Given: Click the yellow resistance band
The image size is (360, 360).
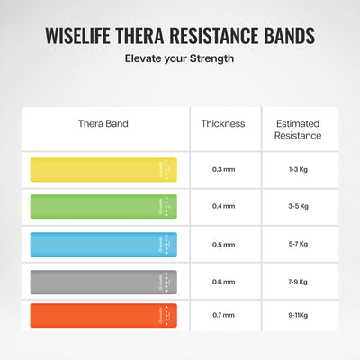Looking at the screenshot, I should [104, 169].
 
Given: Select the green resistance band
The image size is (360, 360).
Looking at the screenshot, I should [104, 206].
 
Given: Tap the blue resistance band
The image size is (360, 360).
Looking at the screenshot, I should [104, 243].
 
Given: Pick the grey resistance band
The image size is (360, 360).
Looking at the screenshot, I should [104, 280].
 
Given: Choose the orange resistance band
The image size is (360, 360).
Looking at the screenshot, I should [104, 315].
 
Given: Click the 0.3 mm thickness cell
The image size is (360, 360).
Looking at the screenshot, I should [224, 170].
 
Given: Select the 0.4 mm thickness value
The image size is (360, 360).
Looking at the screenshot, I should [224, 206].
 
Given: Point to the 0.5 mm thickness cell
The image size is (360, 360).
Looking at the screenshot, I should [224, 243].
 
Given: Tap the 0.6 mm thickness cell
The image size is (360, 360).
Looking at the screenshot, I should [224, 280].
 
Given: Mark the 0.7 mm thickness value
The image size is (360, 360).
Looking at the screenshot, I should [224, 316].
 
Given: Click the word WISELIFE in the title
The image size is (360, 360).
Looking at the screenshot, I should [85, 37].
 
